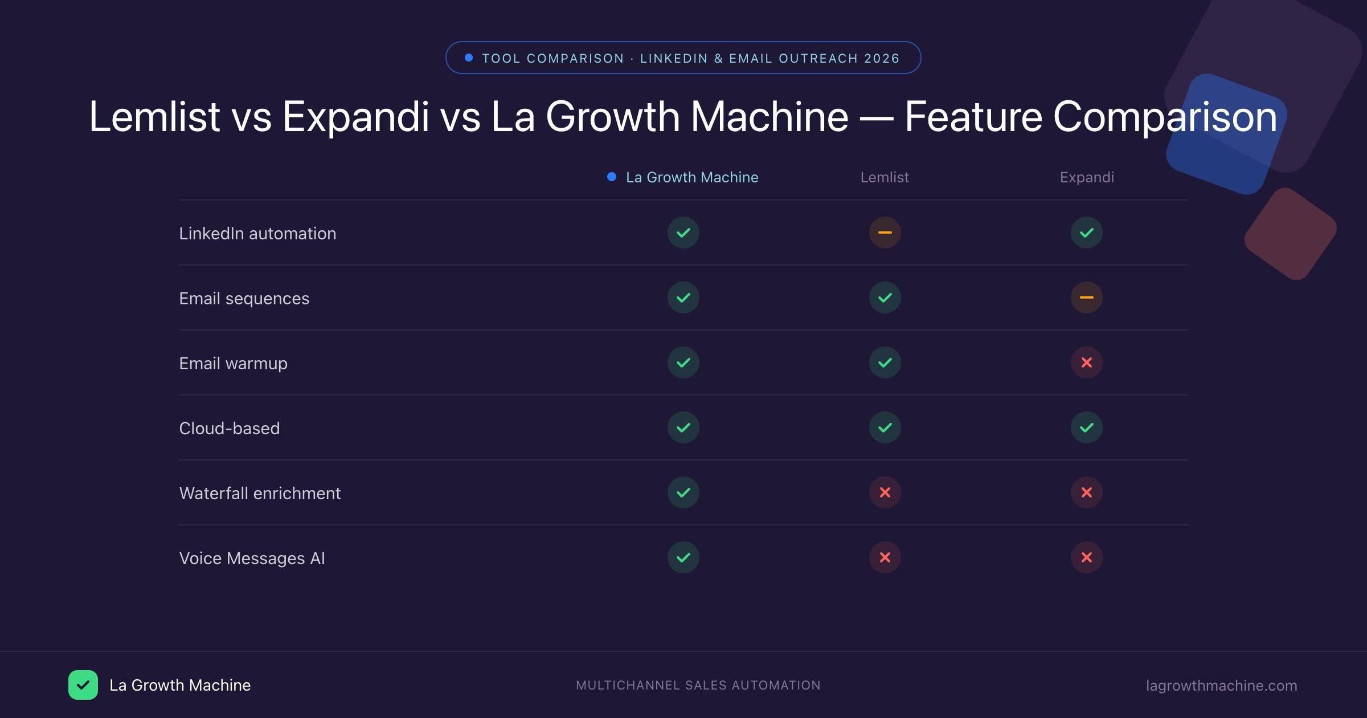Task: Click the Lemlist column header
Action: point(885,177)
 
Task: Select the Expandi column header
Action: point(1087,177)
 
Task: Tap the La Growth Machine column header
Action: point(691,177)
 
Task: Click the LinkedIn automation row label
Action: point(257,234)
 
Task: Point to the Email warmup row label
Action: point(233,364)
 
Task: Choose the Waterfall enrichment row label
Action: point(260,493)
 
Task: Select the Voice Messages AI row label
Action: point(252,558)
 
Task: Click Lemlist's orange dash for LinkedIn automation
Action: point(885,232)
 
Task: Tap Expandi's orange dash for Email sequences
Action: point(1086,297)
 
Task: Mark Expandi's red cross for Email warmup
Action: point(1086,362)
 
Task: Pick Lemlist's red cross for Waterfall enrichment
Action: point(885,492)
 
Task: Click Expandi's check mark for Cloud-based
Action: point(1086,427)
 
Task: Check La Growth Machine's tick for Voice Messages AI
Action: point(683,557)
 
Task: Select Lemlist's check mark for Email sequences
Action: point(885,297)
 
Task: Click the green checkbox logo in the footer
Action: point(83,685)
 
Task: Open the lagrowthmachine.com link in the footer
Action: point(1221,686)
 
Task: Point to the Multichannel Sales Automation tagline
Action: point(698,686)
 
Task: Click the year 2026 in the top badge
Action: point(882,59)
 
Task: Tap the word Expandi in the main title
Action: point(355,117)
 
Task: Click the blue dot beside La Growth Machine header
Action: point(612,177)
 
